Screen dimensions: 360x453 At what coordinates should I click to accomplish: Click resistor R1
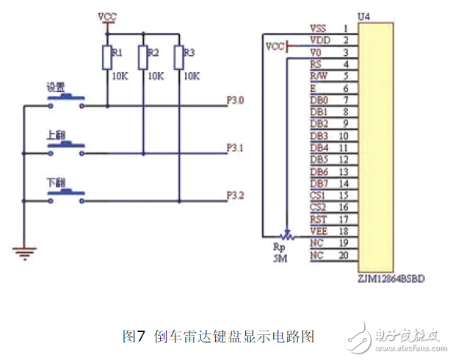(x=107, y=57)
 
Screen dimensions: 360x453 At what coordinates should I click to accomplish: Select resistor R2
(x=142, y=57)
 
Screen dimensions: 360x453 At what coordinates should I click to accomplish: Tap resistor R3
(x=178, y=57)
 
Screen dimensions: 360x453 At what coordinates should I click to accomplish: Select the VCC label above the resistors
(x=107, y=15)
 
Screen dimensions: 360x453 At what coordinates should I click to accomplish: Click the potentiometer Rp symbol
(x=286, y=235)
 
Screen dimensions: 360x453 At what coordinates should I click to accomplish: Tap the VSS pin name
(x=318, y=28)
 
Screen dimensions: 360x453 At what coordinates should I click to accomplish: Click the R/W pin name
(x=319, y=76)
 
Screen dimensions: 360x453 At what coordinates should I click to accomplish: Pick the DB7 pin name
(x=319, y=183)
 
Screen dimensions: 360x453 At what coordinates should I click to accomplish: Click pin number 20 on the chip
(x=344, y=255)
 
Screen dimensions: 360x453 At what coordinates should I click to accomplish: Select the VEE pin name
(x=319, y=231)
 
